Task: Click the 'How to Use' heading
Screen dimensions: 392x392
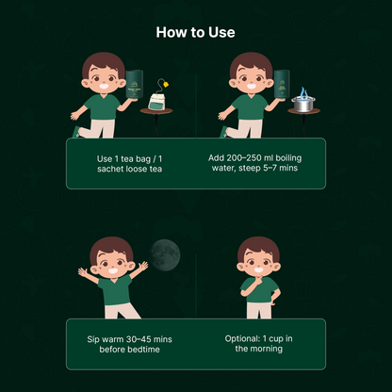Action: click(x=195, y=32)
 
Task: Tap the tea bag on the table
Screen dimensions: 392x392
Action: click(x=156, y=102)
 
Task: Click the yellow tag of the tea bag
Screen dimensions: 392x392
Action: click(x=166, y=84)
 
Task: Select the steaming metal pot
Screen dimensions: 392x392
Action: click(x=303, y=105)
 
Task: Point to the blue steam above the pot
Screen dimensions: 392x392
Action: click(x=303, y=92)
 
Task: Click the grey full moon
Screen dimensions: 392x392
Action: click(x=165, y=255)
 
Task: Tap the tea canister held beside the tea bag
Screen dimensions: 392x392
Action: click(x=135, y=85)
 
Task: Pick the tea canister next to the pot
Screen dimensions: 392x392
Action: click(x=282, y=85)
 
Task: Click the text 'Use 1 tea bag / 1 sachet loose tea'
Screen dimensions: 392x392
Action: click(x=129, y=164)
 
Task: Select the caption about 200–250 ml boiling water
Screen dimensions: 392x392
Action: click(x=254, y=163)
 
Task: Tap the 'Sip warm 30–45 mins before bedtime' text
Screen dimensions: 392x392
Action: click(x=129, y=344)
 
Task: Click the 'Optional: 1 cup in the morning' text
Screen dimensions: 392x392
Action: click(x=259, y=343)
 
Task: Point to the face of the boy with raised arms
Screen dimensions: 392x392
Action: click(x=112, y=265)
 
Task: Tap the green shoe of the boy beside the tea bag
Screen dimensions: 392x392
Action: click(x=76, y=132)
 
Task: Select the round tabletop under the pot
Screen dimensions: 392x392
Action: click(x=303, y=111)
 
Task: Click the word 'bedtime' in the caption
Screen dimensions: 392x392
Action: click(x=145, y=350)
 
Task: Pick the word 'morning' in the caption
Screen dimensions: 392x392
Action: click(x=267, y=349)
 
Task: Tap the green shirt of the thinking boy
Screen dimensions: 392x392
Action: click(x=259, y=289)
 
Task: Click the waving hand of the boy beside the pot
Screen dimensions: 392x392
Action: click(x=222, y=116)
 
